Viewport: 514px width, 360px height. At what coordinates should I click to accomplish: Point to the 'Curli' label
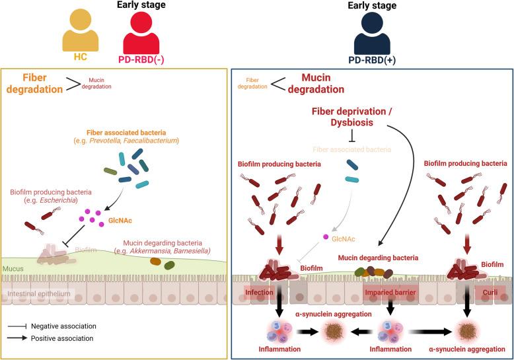tap(486, 291)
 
